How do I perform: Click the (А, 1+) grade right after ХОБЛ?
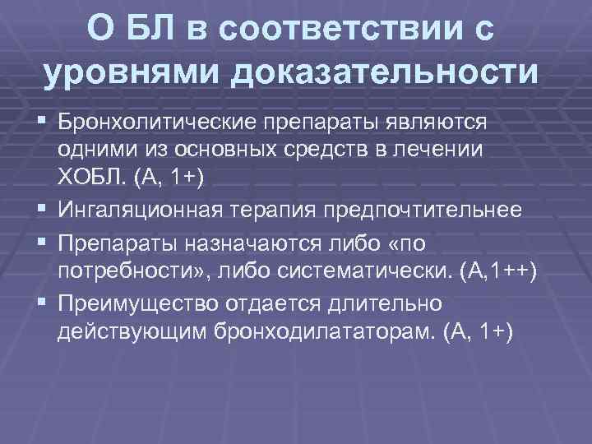[x=164, y=180]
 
